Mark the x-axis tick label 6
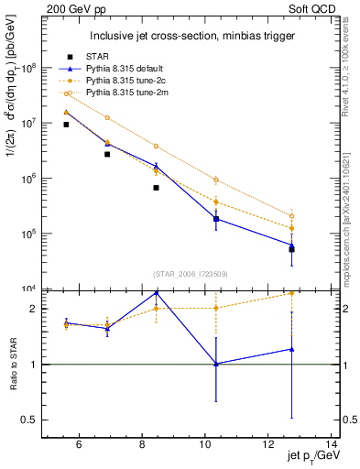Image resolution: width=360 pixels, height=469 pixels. click(x=79, y=445)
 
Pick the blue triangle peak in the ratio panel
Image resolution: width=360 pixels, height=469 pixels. click(x=157, y=292)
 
